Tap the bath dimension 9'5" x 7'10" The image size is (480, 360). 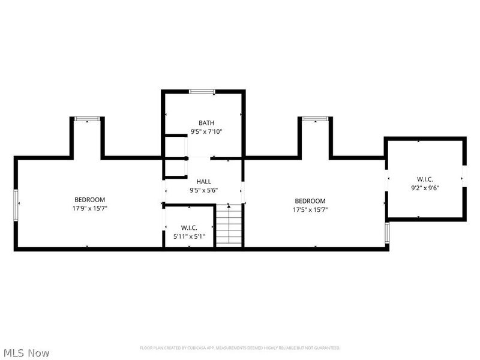(206, 131)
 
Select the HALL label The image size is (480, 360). (204, 181)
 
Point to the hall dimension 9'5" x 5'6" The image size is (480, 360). (204, 190)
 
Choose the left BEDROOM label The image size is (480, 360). (90, 200)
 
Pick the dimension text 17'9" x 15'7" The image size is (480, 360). (90, 209)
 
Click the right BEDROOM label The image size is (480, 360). (310, 201)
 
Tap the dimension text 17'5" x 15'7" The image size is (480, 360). (310, 210)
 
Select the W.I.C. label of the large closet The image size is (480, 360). (425, 179)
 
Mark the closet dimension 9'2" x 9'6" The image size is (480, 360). (425, 188)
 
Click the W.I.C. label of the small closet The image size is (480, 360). (189, 227)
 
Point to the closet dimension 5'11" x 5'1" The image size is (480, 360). (189, 236)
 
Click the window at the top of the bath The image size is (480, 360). (202, 92)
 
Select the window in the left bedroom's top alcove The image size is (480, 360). (86, 119)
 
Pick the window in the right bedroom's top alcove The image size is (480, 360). (314, 119)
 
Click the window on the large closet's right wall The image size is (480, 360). (464, 178)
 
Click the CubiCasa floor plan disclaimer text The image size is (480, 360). (240, 347)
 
